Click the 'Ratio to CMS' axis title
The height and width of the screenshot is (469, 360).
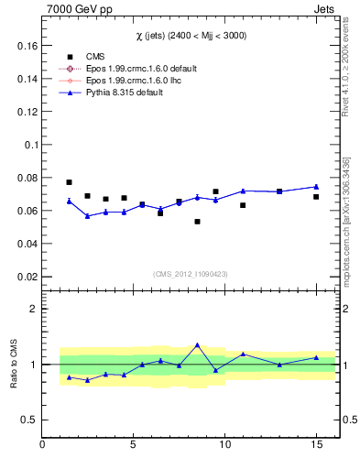coord(13,365)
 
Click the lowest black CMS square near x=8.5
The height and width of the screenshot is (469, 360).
coord(197,222)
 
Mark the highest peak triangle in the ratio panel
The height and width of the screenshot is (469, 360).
coord(197,345)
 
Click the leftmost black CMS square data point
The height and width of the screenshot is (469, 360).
coord(69,182)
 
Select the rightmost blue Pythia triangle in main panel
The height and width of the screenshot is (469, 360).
coord(316,187)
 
